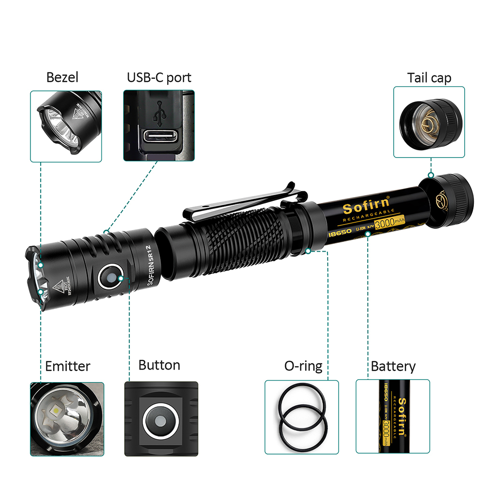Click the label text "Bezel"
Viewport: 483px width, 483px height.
(x=62, y=77)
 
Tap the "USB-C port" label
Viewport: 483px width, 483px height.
(x=159, y=77)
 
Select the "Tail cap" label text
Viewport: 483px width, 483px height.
(x=429, y=78)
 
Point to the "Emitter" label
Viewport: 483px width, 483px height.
(x=68, y=366)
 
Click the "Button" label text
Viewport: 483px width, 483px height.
(x=159, y=365)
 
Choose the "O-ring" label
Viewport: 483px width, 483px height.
(x=303, y=366)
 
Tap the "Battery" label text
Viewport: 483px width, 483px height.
(x=393, y=366)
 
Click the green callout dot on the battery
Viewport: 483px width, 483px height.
(x=368, y=234)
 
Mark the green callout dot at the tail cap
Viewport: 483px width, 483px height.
(x=430, y=175)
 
